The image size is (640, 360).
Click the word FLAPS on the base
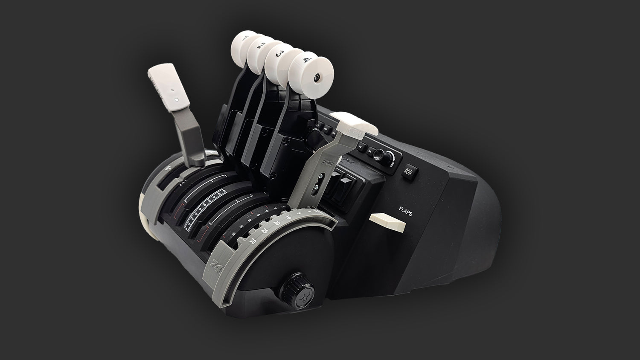pyautogui.click(x=405, y=211)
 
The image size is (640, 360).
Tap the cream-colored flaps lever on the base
pyautogui.click(x=387, y=222)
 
